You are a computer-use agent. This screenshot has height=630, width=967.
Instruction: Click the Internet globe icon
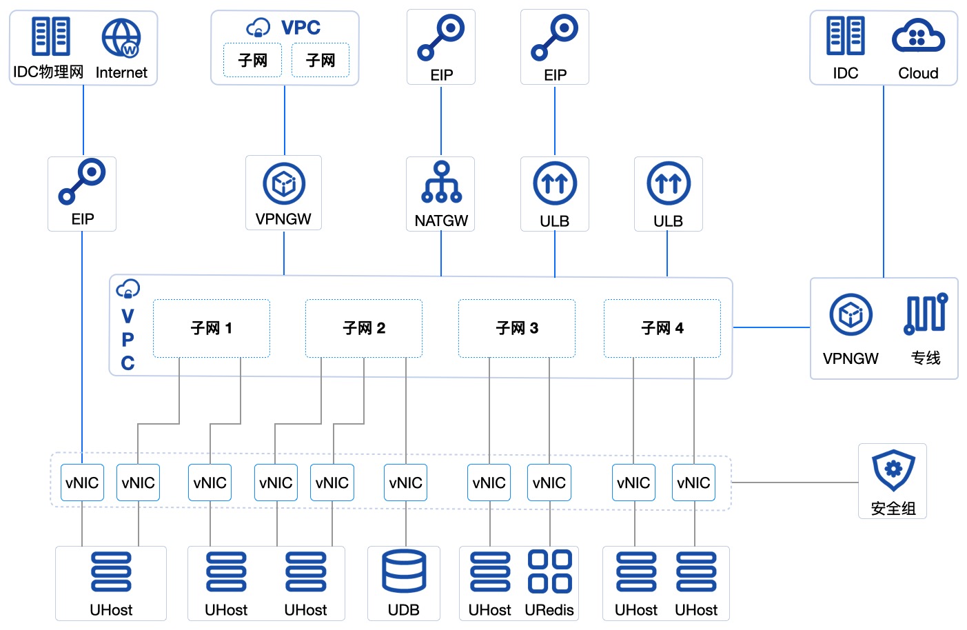(121, 38)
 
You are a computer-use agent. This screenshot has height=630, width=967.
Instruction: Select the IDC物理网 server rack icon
(50, 37)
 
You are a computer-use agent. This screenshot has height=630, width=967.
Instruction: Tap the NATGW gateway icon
(441, 183)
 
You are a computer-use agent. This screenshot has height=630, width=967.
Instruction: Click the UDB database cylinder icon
(404, 571)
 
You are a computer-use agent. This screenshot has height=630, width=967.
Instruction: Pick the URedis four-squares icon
(549, 571)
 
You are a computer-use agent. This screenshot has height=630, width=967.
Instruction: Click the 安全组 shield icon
(893, 470)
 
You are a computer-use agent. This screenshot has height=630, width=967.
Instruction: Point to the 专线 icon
(926, 314)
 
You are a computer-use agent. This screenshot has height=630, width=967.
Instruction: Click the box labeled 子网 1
(212, 328)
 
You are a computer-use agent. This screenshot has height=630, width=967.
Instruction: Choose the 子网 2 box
(364, 328)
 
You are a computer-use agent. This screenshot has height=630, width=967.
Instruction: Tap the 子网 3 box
(517, 328)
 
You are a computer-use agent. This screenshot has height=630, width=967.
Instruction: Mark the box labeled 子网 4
(662, 328)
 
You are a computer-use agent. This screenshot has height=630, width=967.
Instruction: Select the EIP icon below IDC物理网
(82, 182)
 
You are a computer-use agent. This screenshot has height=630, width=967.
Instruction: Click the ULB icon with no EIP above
(668, 183)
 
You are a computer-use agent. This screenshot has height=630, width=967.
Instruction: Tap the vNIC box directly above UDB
(405, 482)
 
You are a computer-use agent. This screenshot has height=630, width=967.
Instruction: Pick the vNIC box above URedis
(549, 482)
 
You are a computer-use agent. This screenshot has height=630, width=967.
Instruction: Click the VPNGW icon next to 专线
(851, 315)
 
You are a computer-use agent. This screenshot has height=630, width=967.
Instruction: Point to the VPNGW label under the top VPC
(283, 219)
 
